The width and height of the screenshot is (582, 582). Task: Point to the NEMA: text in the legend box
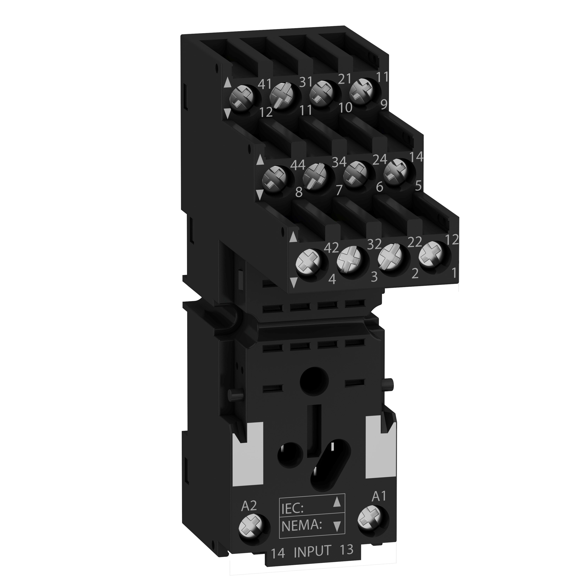coord(301,526)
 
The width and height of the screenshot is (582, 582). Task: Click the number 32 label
coord(374,244)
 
